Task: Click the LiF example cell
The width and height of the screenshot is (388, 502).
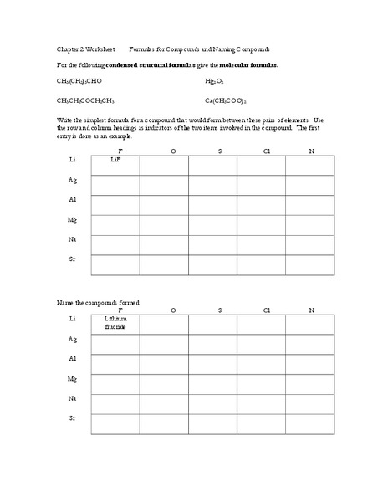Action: (x=115, y=165)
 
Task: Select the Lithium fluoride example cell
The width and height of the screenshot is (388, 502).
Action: (x=115, y=324)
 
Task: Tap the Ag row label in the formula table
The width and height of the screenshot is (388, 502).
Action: (x=73, y=180)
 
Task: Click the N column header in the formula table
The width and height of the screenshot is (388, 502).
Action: (x=311, y=151)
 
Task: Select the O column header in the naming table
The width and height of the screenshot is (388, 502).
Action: (x=173, y=310)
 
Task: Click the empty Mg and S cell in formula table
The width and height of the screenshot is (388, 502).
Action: (x=212, y=225)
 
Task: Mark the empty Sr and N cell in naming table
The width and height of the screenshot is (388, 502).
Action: (x=310, y=424)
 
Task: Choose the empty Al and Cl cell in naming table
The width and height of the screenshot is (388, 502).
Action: (x=261, y=364)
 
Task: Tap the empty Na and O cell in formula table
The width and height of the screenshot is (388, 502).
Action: (x=164, y=245)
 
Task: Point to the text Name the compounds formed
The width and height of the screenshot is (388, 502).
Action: (x=98, y=301)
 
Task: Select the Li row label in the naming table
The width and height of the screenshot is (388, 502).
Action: (x=73, y=320)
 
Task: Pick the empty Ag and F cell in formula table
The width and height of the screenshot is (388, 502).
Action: (x=115, y=185)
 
